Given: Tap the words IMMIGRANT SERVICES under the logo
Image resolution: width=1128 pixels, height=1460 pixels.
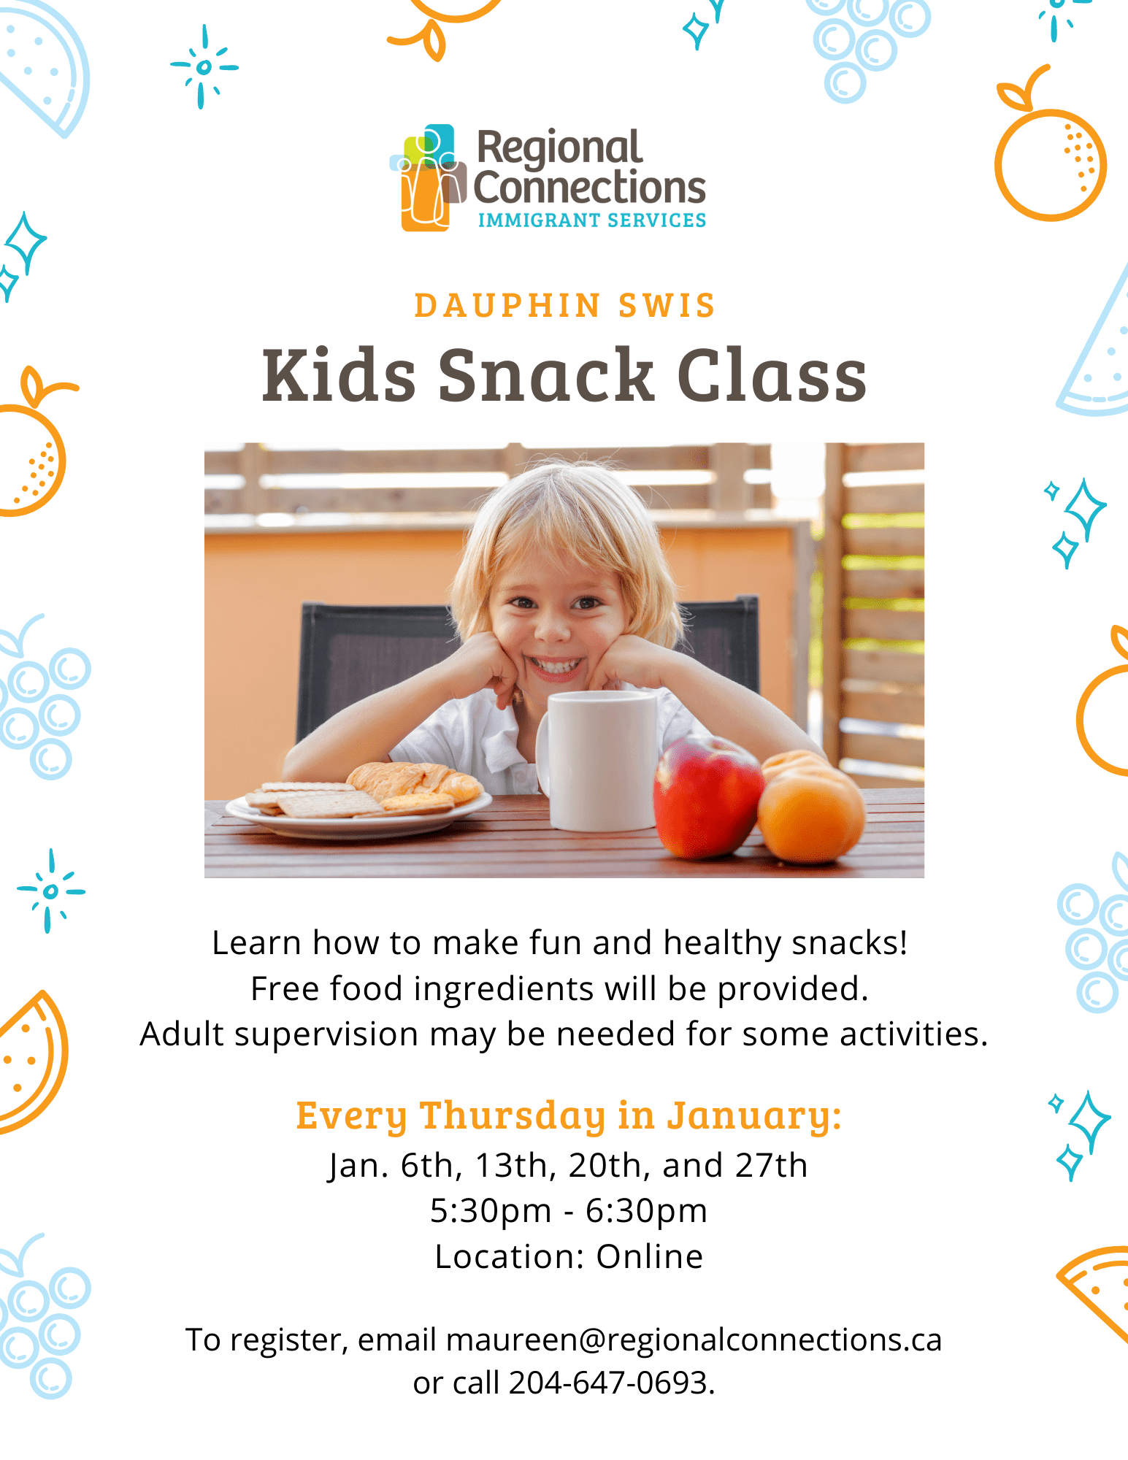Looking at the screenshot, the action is pos(591,220).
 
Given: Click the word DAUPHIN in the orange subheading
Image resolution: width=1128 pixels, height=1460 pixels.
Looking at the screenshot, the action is pos(507,306).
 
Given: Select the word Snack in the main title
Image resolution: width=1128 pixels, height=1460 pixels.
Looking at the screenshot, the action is pos(545,375).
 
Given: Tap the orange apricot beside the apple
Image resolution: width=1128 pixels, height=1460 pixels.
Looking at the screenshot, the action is pos(810,807).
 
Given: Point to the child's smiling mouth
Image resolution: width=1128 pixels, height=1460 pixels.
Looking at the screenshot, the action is pos(556,666).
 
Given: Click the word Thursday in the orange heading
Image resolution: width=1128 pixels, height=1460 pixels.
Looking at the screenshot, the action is pos(513,1116).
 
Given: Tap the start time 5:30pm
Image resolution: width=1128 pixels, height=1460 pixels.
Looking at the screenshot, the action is pos(491,1211).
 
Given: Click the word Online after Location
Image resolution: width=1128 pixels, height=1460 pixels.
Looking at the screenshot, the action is pos(649,1256).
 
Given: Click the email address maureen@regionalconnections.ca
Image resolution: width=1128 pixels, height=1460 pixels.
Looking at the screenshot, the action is pos(694,1340).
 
